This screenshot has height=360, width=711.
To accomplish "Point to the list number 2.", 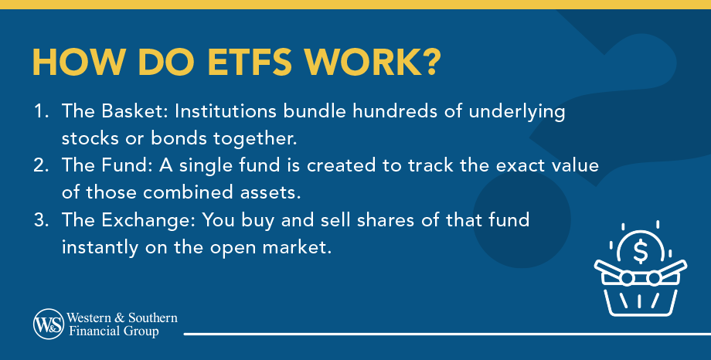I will coord(39,167).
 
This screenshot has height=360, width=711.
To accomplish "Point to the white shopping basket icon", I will coord(639,290).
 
